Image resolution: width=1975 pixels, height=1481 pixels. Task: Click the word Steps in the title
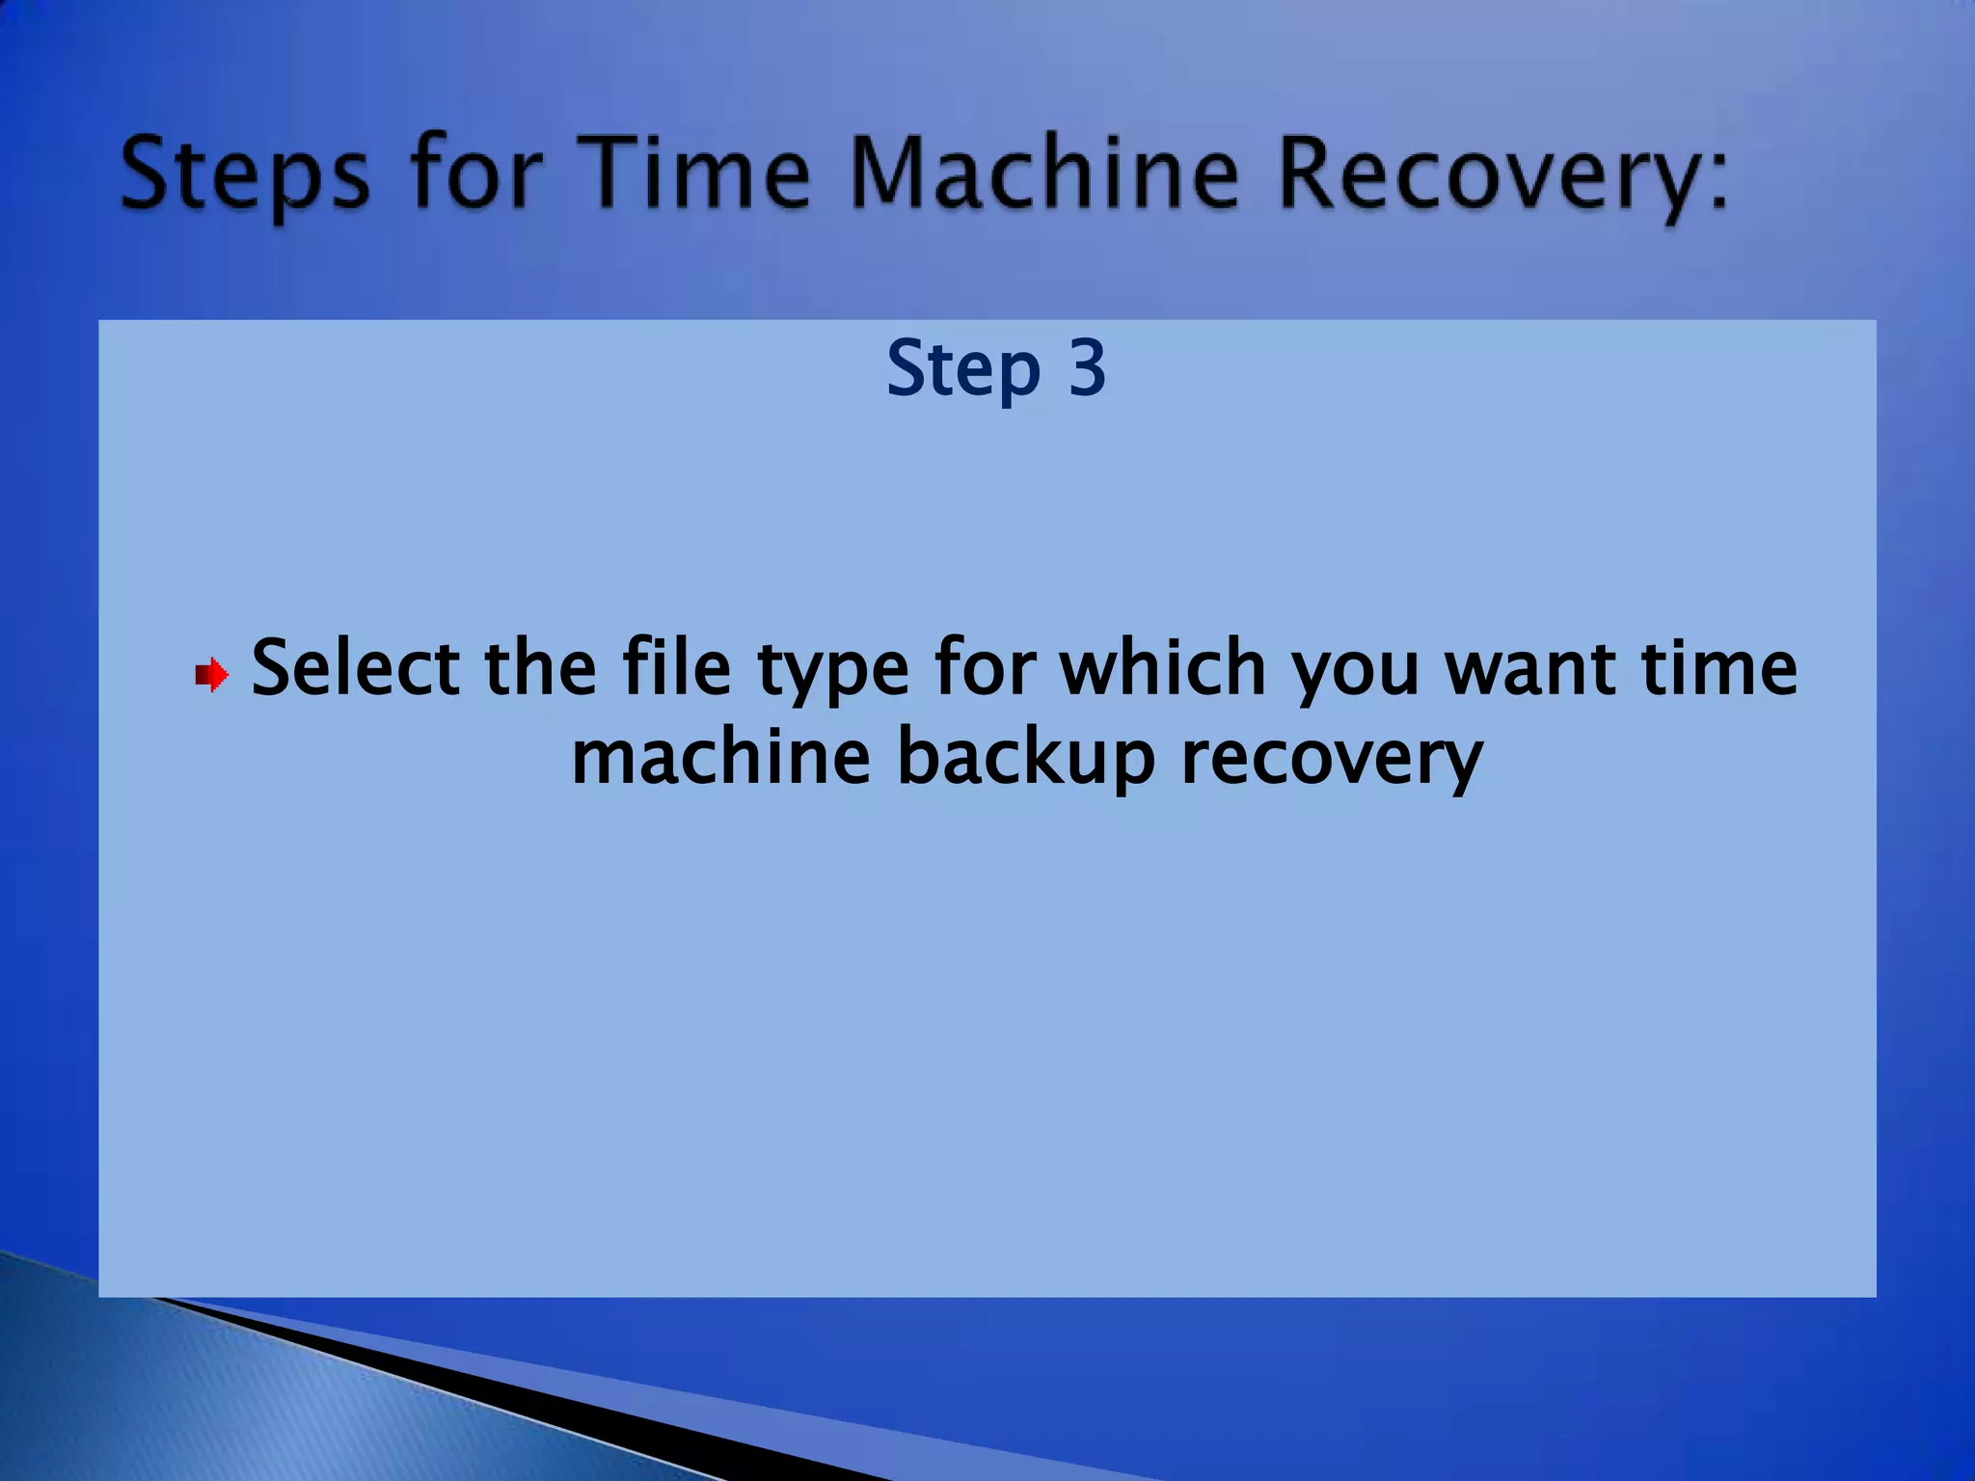244,174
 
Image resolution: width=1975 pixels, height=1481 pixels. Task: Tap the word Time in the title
698,174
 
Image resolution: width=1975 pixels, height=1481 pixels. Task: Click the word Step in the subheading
962,368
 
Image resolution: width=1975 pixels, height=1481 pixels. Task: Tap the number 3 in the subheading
1087,368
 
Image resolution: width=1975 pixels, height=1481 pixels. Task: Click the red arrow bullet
211,675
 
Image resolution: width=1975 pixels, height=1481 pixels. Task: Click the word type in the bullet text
832,672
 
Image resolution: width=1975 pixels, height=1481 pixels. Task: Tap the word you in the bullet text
1355,672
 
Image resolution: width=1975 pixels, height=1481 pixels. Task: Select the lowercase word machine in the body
720,757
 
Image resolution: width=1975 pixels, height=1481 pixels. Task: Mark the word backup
1026,757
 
